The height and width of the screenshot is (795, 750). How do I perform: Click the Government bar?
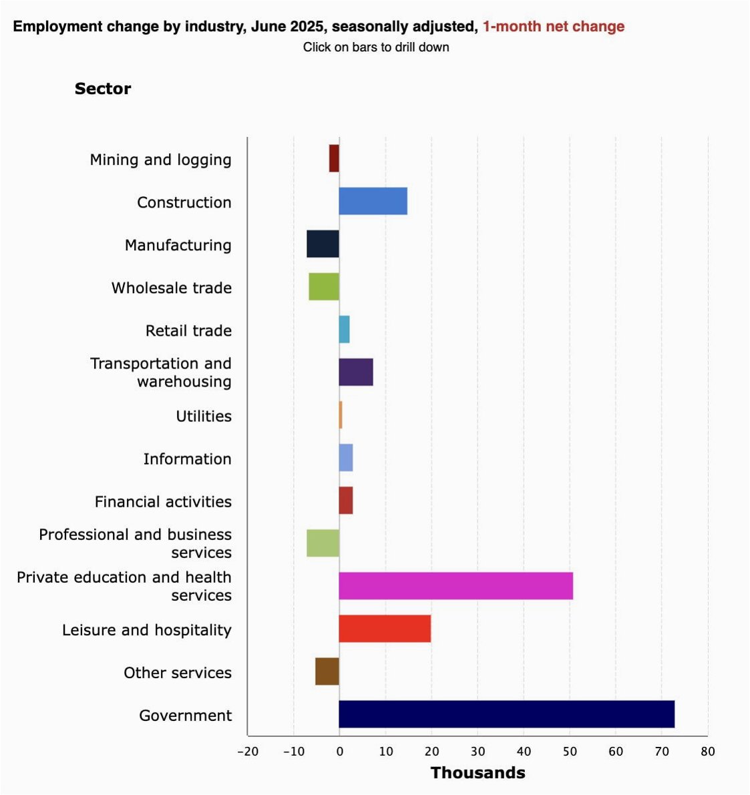point(506,714)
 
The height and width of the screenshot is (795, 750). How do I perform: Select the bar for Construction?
point(373,202)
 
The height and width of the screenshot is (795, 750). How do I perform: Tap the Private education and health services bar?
point(455,586)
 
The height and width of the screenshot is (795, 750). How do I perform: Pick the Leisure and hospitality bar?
point(385,629)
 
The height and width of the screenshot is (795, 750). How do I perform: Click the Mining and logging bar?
point(334,159)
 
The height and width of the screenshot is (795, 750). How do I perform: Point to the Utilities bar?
point(341,415)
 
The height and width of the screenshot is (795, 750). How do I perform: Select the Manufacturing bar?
point(323,244)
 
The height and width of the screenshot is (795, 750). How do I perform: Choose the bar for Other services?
point(327,672)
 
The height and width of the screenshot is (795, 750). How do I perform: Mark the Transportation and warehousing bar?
point(356,372)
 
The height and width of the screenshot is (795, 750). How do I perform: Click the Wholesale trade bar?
point(324,287)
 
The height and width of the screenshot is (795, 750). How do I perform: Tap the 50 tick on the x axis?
point(569,752)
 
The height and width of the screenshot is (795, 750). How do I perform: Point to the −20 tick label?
point(248,752)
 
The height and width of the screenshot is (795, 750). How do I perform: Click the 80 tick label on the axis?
point(707,752)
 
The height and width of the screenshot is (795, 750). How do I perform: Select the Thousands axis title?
point(478,773)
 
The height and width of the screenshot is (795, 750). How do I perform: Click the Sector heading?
point(103,89)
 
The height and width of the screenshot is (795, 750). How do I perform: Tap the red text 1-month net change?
point(554,27)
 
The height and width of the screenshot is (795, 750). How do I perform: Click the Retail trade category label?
point(188,330)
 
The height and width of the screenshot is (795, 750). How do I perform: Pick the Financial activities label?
point(163,501)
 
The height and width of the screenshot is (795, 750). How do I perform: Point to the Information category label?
point(187,459)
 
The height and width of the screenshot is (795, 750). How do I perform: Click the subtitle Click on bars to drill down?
point(376,47)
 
